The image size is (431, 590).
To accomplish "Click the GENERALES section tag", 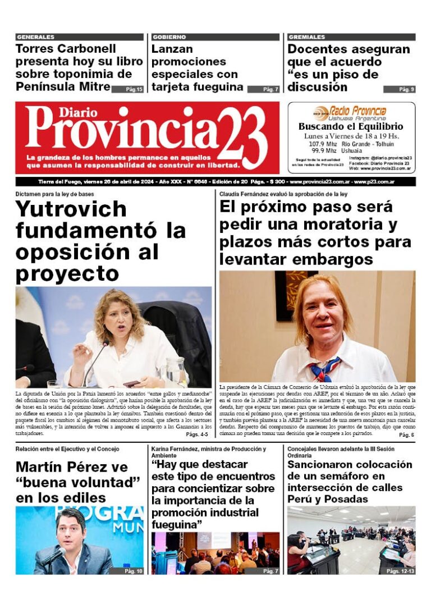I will coord(35,37).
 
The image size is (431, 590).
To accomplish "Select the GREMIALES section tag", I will coord(306,37).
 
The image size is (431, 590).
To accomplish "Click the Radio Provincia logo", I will coord(351,112).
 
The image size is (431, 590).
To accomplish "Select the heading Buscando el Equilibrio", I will coord(351,127).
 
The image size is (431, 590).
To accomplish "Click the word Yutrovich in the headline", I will coord(71,209).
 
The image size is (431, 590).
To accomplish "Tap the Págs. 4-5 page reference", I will coord(196,435).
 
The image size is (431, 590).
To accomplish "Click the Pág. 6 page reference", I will coord(406,435).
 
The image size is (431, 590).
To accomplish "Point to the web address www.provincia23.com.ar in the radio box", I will coord(386,168).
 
